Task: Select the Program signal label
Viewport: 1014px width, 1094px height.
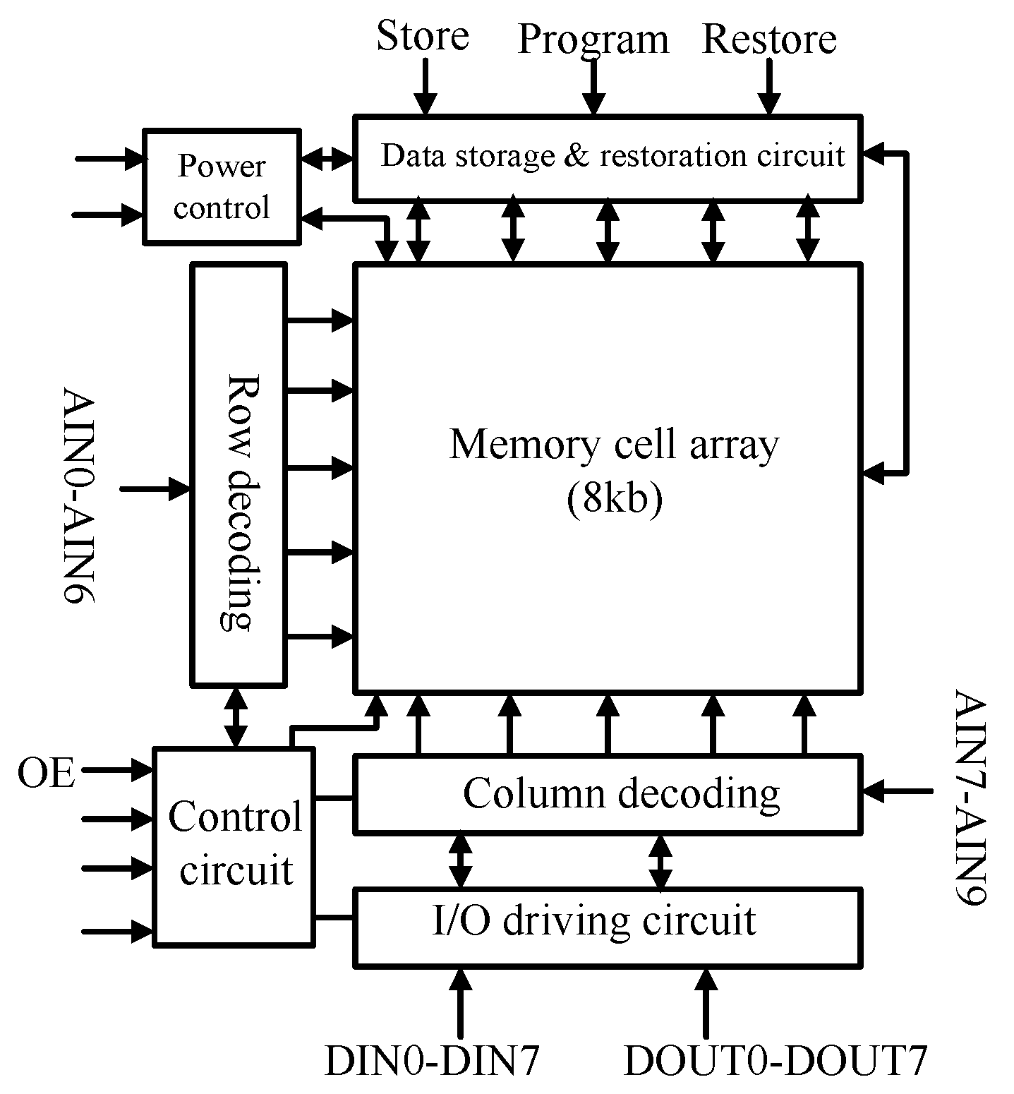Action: [593, 40]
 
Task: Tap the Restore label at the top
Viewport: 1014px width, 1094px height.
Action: [769, 39]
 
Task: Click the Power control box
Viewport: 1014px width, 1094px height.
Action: [222, 187]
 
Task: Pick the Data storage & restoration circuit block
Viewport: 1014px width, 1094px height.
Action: [607, 157]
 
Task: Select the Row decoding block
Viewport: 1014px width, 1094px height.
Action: [239, 474]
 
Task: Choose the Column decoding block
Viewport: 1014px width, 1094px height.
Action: [607, 794]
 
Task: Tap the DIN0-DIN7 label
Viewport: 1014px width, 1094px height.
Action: [432, 1060]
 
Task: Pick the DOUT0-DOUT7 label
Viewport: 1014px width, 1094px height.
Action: [775, 1060]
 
